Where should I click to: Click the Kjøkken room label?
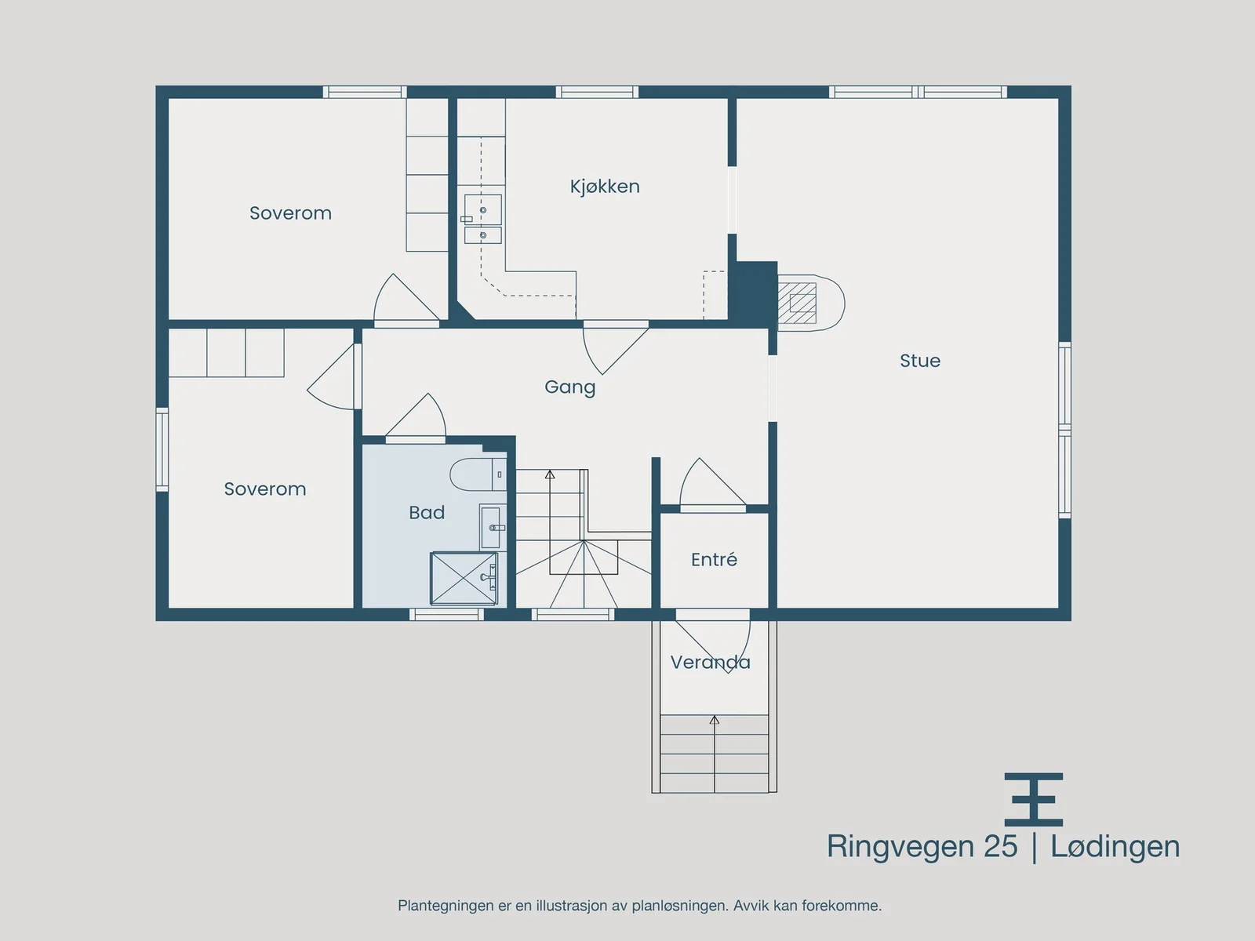coord(604,187)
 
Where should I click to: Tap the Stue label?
coord(920,361)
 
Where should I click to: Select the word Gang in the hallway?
coord(570,387)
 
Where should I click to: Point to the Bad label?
coord(427,513)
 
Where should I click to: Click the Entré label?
coord(714,559)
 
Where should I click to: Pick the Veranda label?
coord(710,662)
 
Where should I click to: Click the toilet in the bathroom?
coord(478,474)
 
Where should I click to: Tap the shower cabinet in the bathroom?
coord(464,578)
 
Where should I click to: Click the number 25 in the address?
coord(1001,846)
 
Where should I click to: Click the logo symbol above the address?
coord(1034,799)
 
